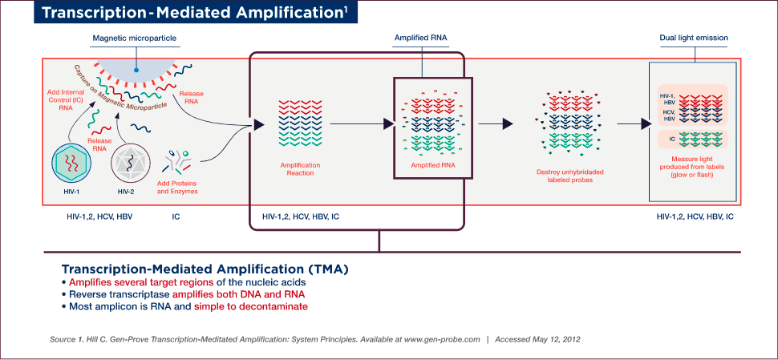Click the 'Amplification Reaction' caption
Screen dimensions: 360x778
[x=300, y=168]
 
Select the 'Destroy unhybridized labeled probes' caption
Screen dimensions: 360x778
[x=569, y=176]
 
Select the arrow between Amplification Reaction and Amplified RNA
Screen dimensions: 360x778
[x=361, y=123]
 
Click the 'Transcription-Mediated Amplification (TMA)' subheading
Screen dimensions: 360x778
[x=205, y=269]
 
